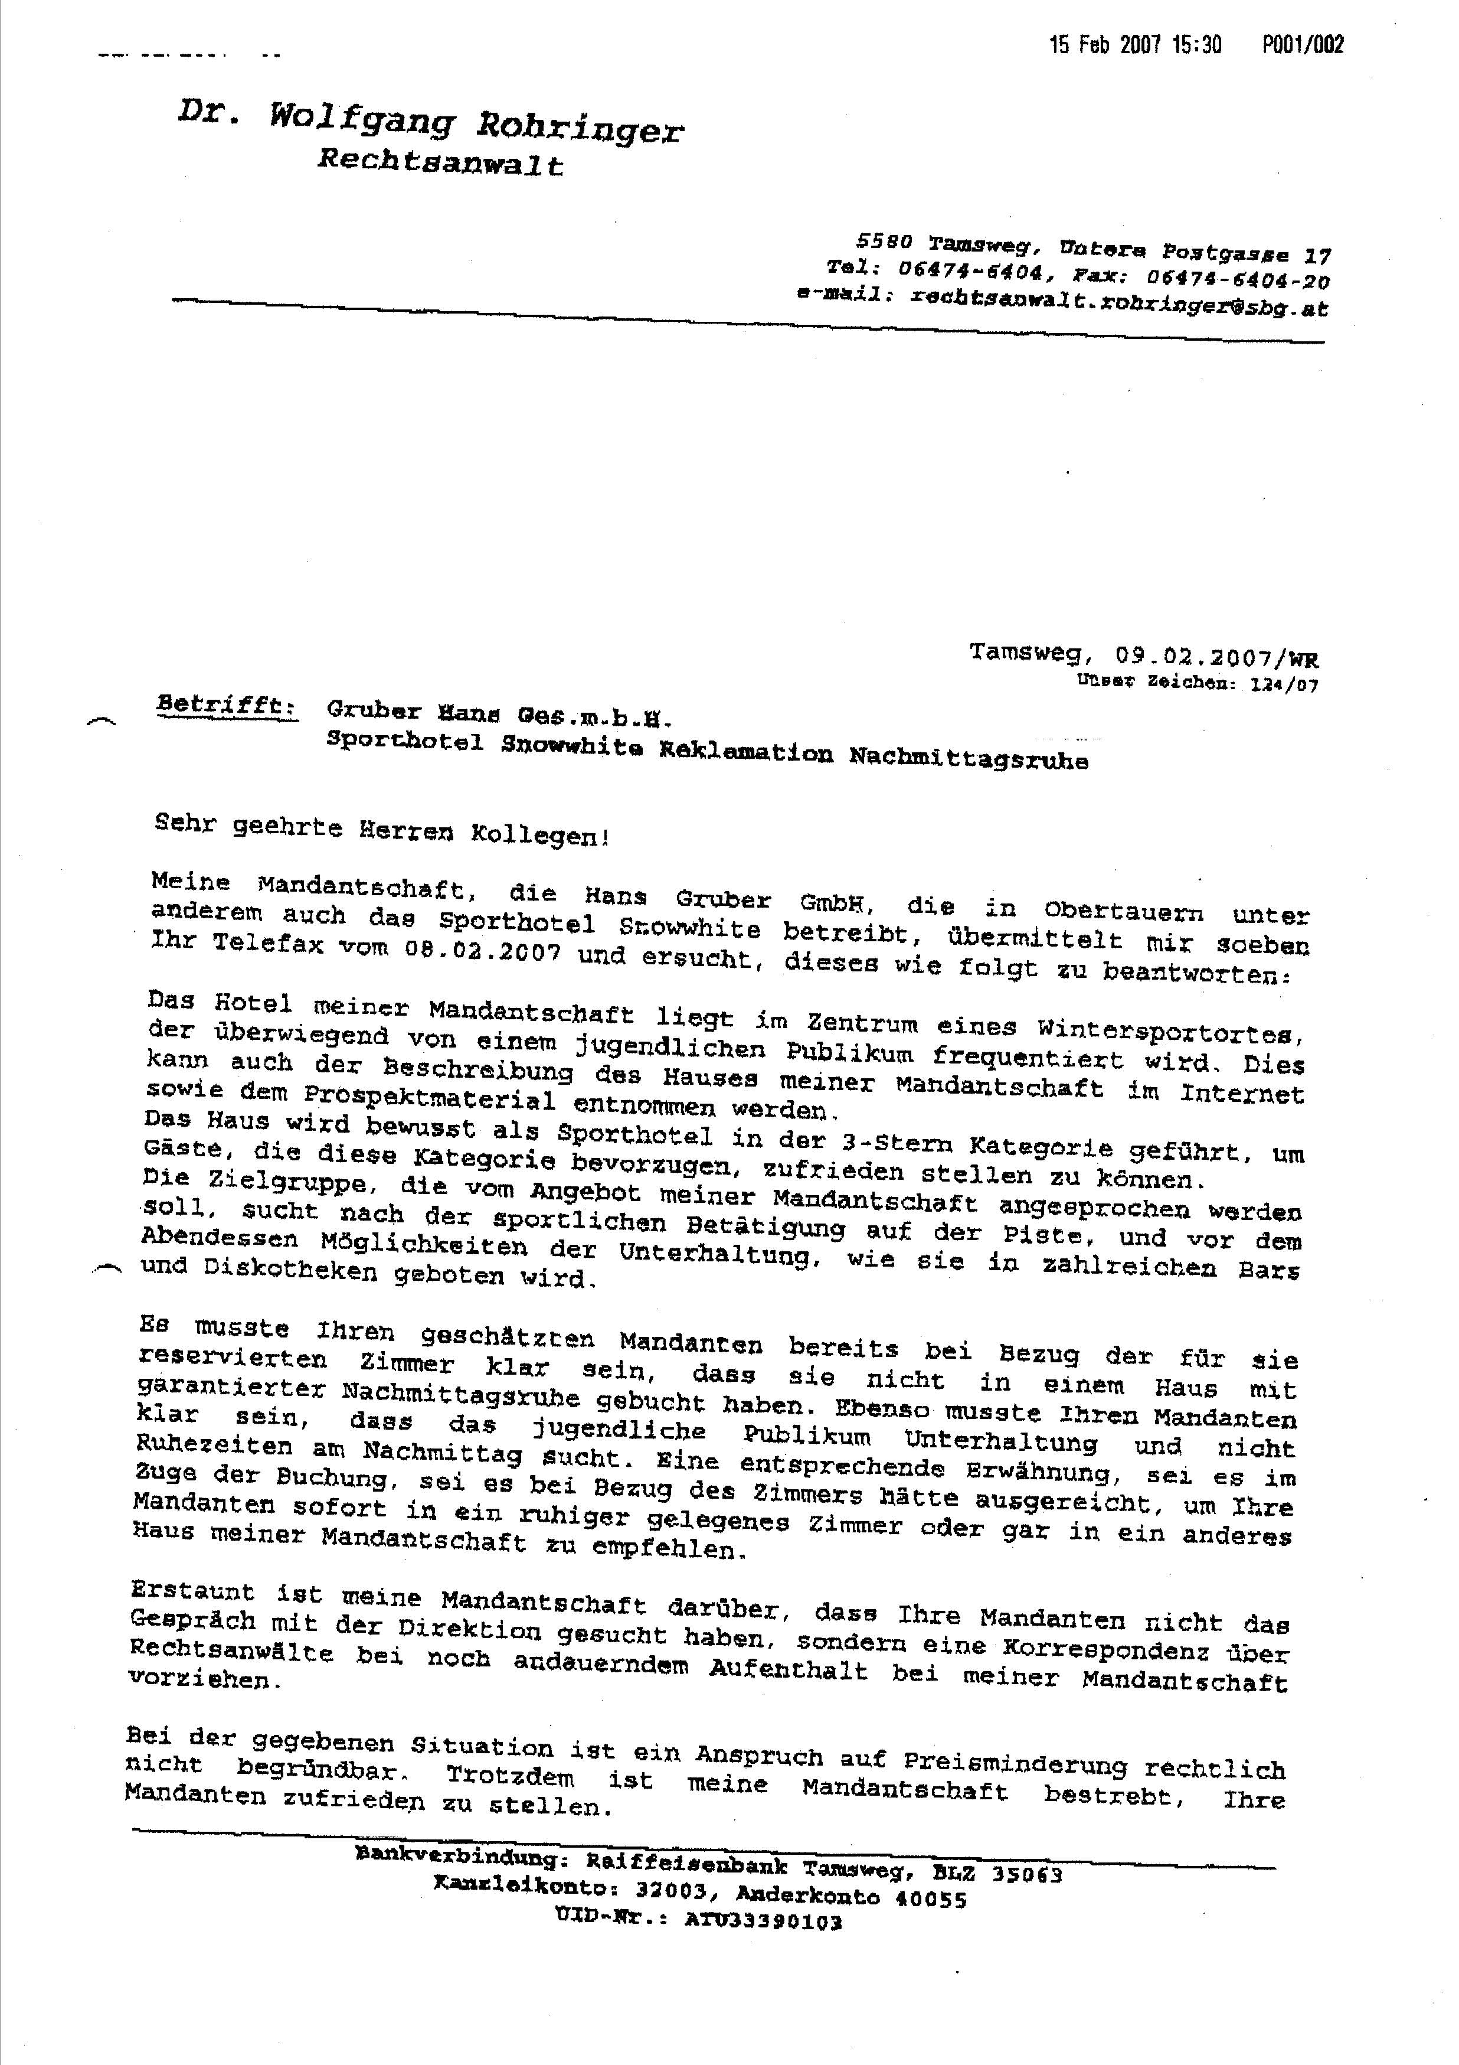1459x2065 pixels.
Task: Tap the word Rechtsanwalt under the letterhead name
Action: tap(440, 163)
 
